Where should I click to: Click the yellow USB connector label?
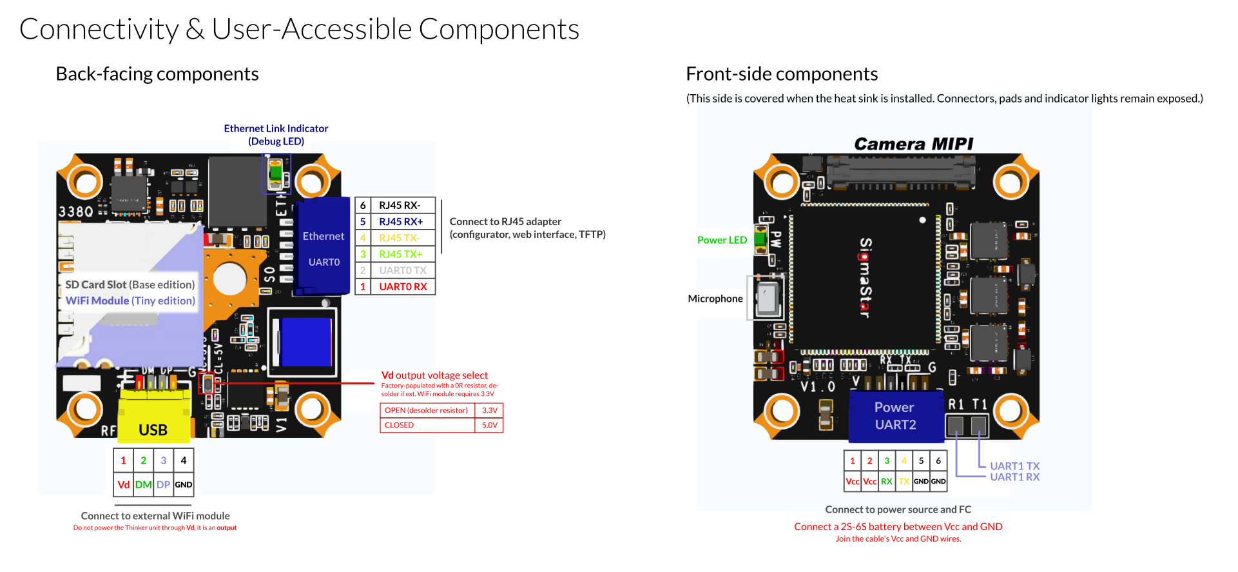tap(153, 430)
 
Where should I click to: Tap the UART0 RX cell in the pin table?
tap(403, 286)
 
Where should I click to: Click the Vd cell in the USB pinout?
tap(124, 484)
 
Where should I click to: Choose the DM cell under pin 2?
tap(144, 484)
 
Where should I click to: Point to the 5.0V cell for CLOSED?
tap(490, 425)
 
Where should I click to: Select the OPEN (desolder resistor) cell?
tap(427, 410)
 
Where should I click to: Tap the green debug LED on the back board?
tap(276, 173)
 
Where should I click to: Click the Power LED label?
tap(722, 240)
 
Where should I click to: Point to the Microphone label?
tap(715, 299)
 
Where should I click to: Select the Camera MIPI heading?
tap(913, 144)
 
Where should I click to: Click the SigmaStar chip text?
tap(866, 277)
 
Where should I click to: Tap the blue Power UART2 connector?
tap(895, 416)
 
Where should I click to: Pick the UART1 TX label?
tap(1014, 466)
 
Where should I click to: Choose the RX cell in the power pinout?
tap(887, 481)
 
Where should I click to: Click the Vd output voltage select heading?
tap(434, 375)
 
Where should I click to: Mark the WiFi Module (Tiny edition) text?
tap(130, 301)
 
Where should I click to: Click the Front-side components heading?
tap(782, 74)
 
